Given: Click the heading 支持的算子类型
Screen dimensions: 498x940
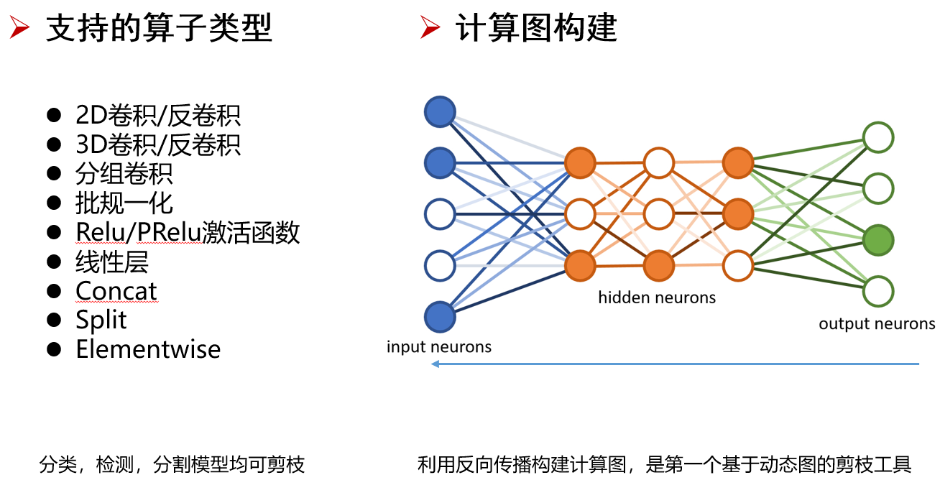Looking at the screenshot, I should point(159,29).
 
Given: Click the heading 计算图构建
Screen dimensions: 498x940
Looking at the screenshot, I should point(536,29).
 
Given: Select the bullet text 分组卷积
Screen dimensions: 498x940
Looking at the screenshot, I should point(124,174).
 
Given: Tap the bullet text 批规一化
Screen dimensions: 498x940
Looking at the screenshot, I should point(124,203).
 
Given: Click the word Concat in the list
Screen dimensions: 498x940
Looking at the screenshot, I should point(116,291).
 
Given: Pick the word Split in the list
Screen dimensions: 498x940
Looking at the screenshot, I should point(101,320).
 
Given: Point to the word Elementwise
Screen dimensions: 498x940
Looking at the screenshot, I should point(148,349).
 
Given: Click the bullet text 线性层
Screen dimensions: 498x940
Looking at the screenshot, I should point(111,262).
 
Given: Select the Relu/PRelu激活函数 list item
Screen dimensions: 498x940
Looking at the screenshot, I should point(188,233).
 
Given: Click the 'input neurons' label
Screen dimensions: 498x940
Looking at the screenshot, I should point(439,347).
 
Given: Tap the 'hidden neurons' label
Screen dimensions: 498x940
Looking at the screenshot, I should point(657,298).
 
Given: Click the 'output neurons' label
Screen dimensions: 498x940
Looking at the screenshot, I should point(877,324).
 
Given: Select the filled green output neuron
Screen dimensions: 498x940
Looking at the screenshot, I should point(878,239).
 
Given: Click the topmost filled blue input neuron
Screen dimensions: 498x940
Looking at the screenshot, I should point(440,112).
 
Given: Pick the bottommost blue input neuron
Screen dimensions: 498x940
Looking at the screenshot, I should point(440,317).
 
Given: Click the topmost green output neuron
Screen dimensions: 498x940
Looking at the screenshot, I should point(878,137).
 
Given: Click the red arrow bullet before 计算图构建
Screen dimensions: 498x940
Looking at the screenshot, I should point(430,29).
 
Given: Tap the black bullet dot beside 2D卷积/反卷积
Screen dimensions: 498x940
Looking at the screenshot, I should point(53,115).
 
